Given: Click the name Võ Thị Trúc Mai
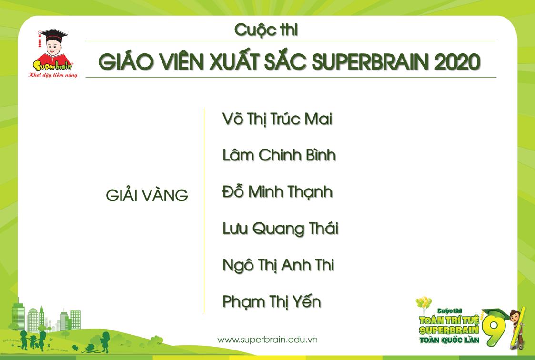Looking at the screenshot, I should point(277,120).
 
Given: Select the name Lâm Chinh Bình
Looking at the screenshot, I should point(279,155).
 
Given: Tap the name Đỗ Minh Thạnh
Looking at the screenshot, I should point(277,192).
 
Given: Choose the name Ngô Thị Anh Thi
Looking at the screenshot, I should point(278,265).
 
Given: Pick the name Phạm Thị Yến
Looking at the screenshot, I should point(272,302).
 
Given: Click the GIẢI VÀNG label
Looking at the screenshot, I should point(147,196).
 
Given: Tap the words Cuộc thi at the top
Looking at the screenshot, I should point(266,30).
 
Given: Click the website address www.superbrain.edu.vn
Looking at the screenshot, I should point(267,340).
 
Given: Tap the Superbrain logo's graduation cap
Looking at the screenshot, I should point(53,36).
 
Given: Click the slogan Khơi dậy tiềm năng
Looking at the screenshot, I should point(52,75).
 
